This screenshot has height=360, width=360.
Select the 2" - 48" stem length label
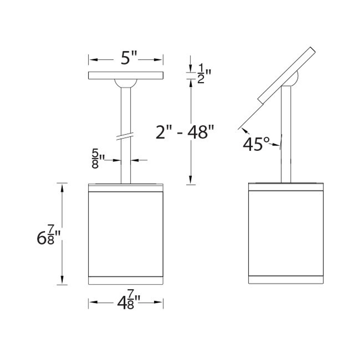[x=185, y=132]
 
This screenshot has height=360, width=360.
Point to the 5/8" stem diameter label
[x=97, y=159]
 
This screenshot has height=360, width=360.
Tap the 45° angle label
[x=256, y=145]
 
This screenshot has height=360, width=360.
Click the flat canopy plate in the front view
[x=126, y=75]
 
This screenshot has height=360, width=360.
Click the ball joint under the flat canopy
[x=126, y=83]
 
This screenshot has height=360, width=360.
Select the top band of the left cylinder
[x=126, y=188]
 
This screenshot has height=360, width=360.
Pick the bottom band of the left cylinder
[x=126, y=280]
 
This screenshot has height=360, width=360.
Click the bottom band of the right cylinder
[x=286, y=280]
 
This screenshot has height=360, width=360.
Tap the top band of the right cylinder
[x=286, y=187]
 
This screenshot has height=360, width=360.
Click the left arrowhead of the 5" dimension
[x=93, y=60]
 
